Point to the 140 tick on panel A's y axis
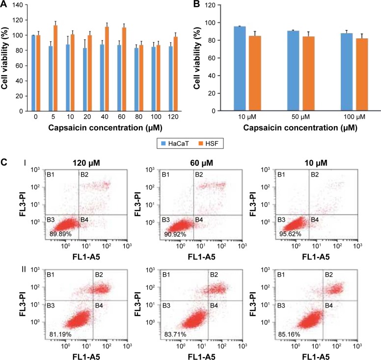point(19,5)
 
